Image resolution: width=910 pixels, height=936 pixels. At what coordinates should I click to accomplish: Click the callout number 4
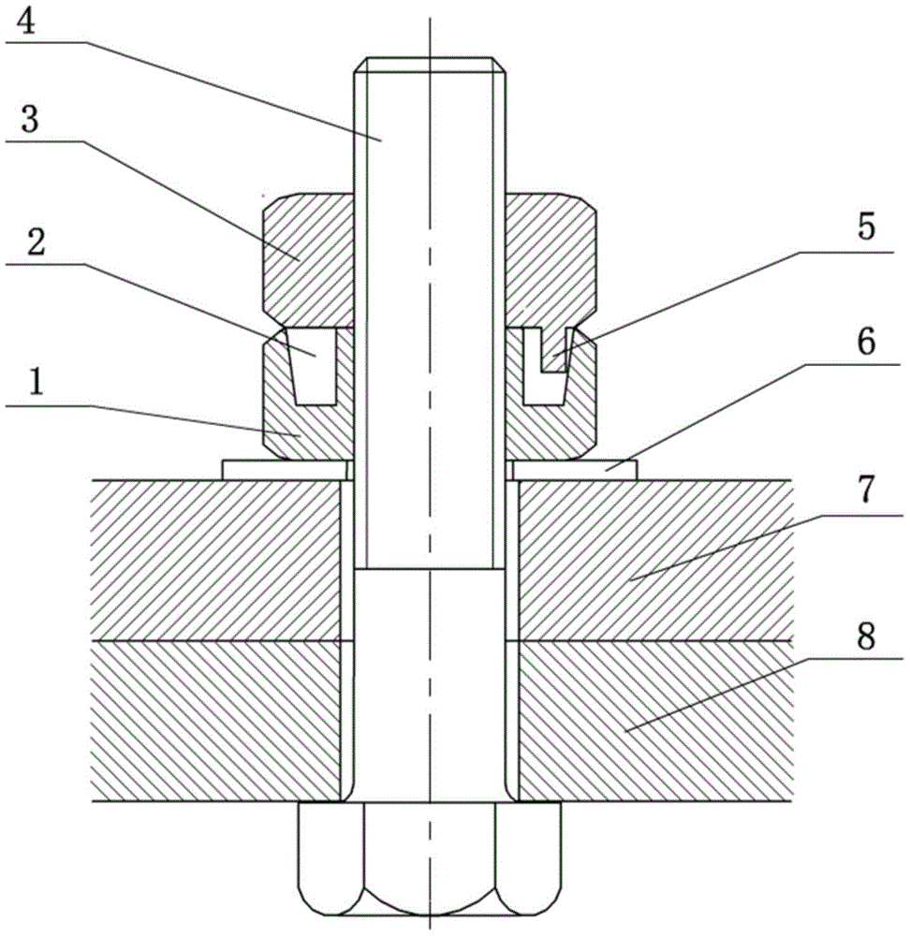pyautogui.click(x=26, y=22)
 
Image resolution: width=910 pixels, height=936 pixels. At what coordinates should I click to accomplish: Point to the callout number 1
pyautogui.click(x=36, y=383)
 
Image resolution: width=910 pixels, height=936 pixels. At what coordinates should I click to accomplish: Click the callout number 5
pyautogui.click(x=866, y=227)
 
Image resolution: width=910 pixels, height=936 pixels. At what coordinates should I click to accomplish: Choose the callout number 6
pyautogui.click(x=866, y=341)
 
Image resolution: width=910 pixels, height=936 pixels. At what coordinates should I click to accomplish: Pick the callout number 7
pyautogui.click(x=866, y=489)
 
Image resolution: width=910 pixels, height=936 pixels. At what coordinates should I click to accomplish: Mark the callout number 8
pyautogui.click(x=866, y=636)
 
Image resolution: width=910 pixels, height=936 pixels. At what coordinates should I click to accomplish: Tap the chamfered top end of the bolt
pyautogui.click(x=430, y=65)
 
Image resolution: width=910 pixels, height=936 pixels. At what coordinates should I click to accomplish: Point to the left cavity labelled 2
pyautogui.click(x=315, y=367)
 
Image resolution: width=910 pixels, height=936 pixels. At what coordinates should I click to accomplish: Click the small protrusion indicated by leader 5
pyautogui.click(x=553, y=350)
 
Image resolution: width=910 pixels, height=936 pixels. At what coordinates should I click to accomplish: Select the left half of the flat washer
pyautogui.click(x=285, y=469)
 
